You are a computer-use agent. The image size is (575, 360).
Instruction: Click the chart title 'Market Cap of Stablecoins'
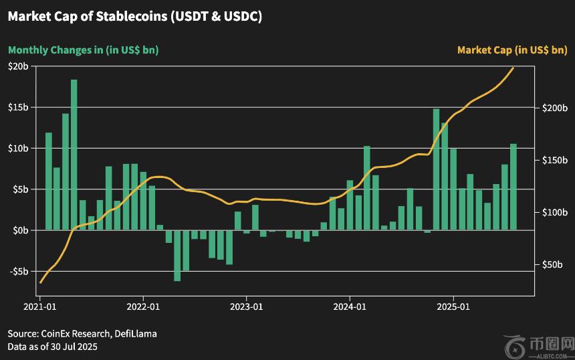(134, 17)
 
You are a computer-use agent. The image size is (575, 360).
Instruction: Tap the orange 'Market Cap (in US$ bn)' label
(512, 50)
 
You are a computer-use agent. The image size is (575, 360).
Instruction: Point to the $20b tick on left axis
(18, 66)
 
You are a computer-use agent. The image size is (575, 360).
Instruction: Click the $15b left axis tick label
(18, 107)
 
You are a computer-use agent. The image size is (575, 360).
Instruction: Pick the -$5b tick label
(18, 272)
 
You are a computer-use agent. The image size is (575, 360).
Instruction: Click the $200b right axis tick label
(556, 108)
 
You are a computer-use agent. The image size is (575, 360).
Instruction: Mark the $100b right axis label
(556, 212)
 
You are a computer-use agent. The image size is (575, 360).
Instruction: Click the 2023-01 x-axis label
(247, 307)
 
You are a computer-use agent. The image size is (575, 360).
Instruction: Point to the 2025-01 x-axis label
(453, 307)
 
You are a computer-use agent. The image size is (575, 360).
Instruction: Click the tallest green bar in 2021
(74, 154)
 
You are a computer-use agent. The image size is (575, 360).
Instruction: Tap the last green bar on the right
(513, 187)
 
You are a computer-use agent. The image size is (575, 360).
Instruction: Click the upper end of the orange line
(513, 68)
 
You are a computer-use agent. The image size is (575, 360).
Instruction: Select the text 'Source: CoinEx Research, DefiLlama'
(82, 333)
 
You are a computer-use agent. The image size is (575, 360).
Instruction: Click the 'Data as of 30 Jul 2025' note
(53, 346)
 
